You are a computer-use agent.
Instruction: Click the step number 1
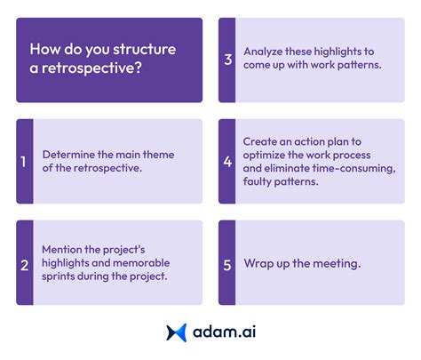[24, 162]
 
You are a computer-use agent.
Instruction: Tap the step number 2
[24, 263]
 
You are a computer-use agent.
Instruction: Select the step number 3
[227, 60]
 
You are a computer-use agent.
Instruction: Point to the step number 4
[227, 162]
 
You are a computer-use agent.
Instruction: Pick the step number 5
[227, 263]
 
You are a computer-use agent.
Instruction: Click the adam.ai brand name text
[225, 332]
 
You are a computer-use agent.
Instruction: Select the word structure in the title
[146, 49]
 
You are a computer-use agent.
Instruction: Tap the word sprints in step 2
[63, 278]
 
